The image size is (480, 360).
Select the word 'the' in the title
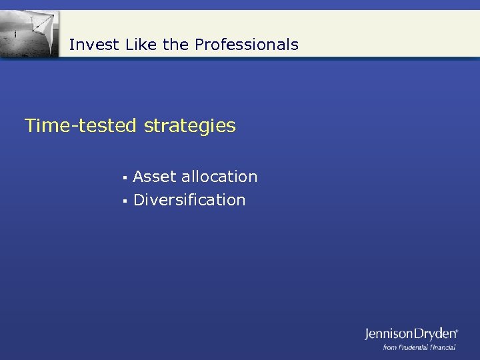[176, 45]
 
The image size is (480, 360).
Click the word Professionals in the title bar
[247, 45]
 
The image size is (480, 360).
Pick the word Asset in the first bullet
[155, 177]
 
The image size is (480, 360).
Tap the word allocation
[219, 177]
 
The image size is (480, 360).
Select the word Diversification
[189, 200]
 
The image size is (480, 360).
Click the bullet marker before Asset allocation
[124, 178]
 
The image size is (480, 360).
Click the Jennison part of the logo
[389, 334]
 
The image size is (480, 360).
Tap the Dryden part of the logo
[435, 334]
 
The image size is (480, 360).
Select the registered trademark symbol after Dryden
[457, 330]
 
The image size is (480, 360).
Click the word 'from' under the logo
[390, 347]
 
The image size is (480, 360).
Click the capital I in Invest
[71, 45]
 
